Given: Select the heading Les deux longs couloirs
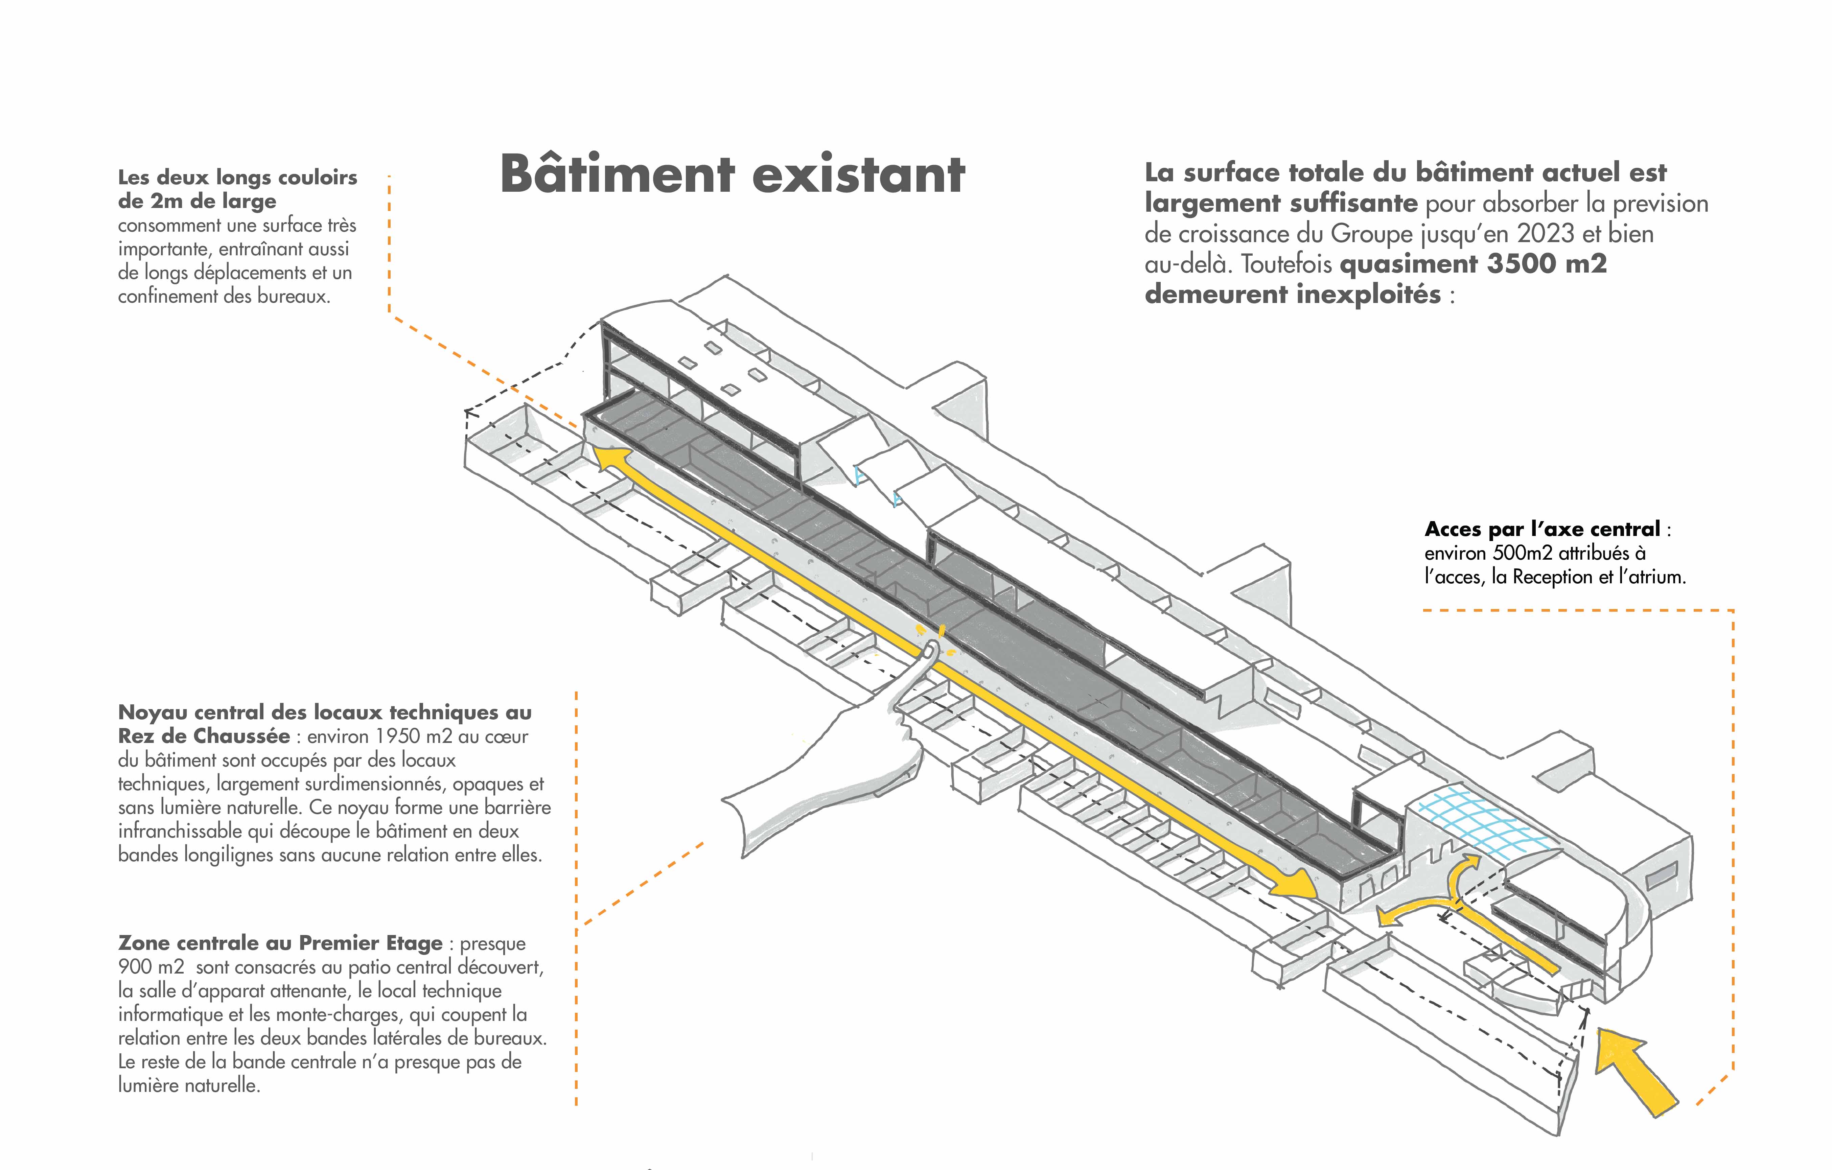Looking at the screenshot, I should [237, 177].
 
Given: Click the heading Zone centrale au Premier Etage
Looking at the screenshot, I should [280, 943].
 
